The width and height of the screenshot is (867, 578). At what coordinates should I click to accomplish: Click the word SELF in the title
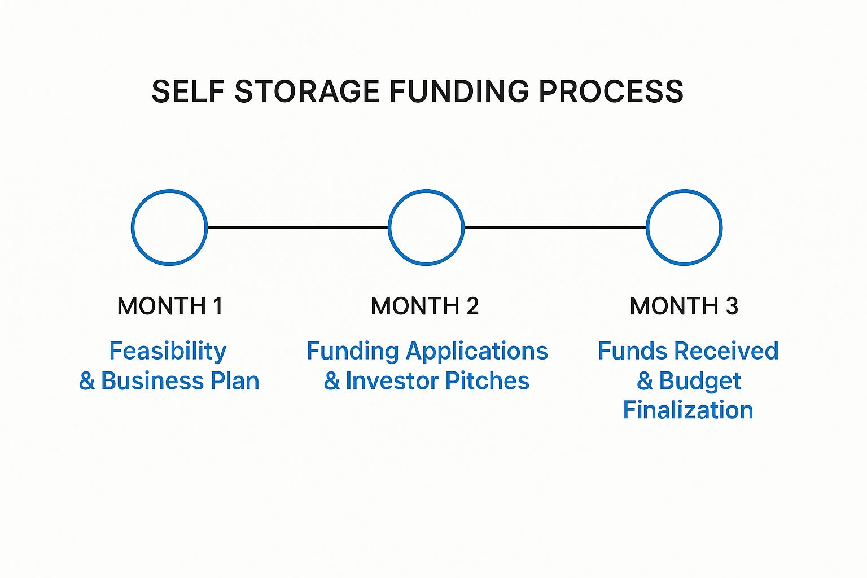pyautogui.click(x=188, y=91)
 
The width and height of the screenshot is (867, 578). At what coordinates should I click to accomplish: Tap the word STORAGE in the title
pyautogui.click(x=306, y=91)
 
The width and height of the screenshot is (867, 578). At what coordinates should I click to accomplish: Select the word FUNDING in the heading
pyautogui.click(x=459, y=91)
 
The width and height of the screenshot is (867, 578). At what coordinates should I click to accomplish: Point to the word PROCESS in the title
pyautogui.click(x=611, y=91)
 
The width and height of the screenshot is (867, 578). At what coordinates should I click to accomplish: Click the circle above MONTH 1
pyautogui.click(x=132, y=227)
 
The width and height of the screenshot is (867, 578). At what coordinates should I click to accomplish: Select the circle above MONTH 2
pyautogui.click(x=388, y=227)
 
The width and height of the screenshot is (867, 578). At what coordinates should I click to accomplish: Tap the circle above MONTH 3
pyautogui.click(x=646, y=227)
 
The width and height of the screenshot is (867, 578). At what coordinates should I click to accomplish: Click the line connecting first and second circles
pyautogui.click(x=297, y=227)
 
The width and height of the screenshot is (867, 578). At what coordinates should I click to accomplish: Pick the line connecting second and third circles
pyautogui.click(x=555, y=227)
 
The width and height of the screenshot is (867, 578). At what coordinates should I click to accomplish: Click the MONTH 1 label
pyautogui.click(x=170, y=306)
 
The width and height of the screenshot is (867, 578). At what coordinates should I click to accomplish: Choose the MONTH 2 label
pyautogui.click(x=424, y=306)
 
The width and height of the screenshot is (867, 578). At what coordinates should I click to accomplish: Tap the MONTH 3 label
pyautogui.click(x=684, y=306)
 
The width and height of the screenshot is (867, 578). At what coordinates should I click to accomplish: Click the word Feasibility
pyautogui.click(x=168, y=352)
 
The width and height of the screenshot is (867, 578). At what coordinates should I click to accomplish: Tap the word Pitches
pyautogui.click(x=487, y=380)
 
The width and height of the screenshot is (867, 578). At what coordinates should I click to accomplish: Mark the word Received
pyautogui.click(x=726, y=351)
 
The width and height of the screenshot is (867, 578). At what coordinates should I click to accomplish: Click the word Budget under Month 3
pyautogui.click(x=700, y=382)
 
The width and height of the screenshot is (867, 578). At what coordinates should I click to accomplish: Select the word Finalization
pyautogui.click(x=688, y=410)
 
